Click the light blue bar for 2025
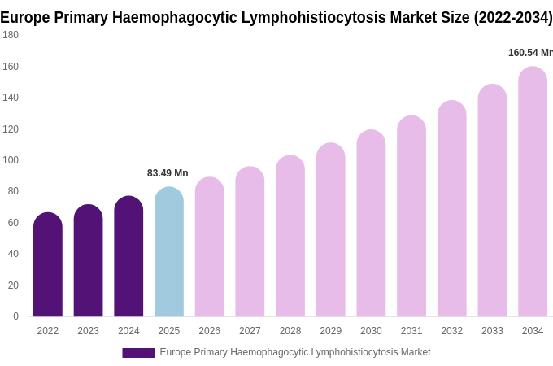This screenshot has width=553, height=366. click(x=169, y=252)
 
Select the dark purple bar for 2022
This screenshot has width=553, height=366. click(x=48, y=265)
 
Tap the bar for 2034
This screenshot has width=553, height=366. click(x=533, y=192)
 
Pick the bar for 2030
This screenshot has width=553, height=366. click(x=371, y=224)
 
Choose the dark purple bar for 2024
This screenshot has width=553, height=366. click(x=128, y=257)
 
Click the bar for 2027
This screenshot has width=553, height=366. click(x=250, y=242)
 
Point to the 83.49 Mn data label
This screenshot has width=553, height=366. click(x=168, y=173)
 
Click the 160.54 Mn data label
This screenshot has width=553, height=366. click(x=530, y=53)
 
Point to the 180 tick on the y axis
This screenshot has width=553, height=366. click(x=11, y=35)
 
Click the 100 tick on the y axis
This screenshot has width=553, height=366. click(x=11, y=160)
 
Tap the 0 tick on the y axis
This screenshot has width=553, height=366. click(x=15, y=316)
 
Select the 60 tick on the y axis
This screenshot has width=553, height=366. click(x=13, y=223)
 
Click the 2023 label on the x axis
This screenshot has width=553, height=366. click(x=88, y=331)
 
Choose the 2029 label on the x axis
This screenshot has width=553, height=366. click(x=330, y=331)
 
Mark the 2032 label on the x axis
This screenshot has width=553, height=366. click(x=451, y=331)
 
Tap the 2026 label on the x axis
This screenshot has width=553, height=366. click(x=209, y=331)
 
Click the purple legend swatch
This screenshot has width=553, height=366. click(x=138, y=352)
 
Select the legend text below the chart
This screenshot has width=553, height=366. click(x=294, y=352)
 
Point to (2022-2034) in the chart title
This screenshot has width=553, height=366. click(x=512, y=17)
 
